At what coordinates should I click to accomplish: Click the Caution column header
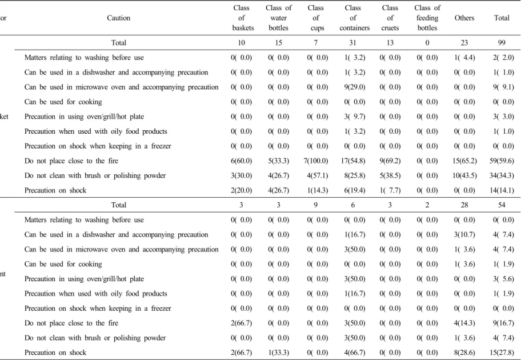118,18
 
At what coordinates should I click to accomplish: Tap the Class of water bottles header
279,18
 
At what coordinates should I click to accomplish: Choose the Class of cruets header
390,18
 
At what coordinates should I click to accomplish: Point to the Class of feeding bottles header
427,18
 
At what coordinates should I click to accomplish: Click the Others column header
464,18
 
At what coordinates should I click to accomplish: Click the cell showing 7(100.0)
316,161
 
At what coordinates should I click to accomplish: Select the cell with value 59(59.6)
502,161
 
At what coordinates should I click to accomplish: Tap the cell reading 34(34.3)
502,175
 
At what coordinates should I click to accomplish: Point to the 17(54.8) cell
353,161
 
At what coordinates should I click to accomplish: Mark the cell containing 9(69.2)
390,161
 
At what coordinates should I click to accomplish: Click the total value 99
502,43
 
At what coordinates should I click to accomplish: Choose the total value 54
502,205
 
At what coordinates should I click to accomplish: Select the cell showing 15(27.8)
502,353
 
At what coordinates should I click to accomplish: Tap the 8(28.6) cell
464,353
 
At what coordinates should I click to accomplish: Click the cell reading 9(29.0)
355,87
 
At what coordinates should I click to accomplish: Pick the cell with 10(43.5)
464,175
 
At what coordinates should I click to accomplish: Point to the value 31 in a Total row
353,43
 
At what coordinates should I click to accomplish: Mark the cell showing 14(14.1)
502,190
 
